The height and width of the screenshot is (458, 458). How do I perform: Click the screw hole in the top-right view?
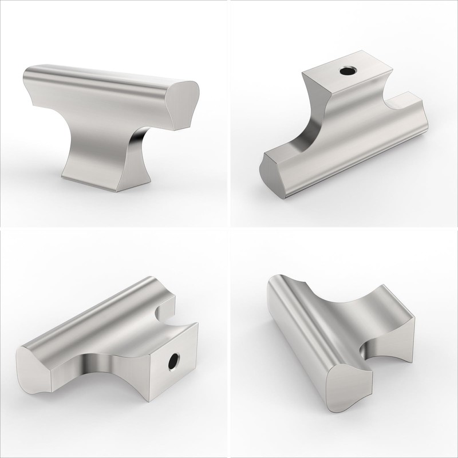pyautogui.click(x=347, y=72)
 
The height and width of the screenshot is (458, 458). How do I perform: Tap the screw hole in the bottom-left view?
pyautogui.click(x=173, y=362)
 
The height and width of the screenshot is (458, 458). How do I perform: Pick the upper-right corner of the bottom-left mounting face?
pyautogui.click(x=196, y=325)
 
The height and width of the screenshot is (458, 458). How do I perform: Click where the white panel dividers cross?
pyautogui.click(x=228, y=228)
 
